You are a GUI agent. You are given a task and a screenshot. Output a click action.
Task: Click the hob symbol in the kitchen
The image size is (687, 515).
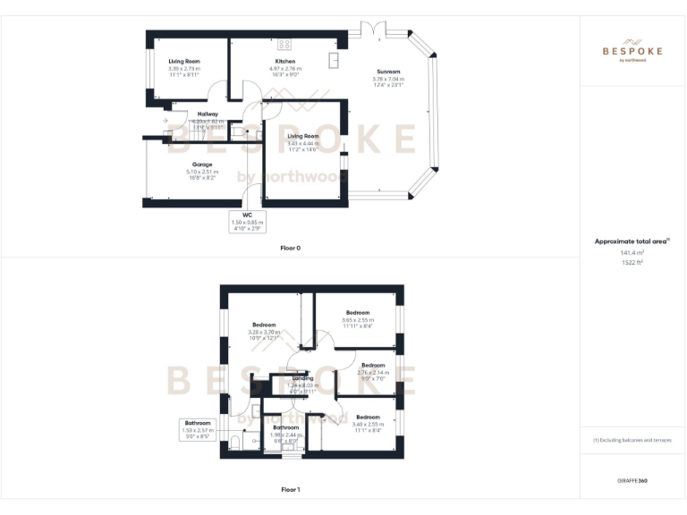coord(284,44)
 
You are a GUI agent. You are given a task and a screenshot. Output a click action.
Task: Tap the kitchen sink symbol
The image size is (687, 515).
coord(333,60)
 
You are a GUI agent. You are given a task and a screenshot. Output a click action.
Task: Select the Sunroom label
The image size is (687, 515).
coord(388,72)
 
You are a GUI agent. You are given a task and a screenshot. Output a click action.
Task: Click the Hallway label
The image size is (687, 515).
coord(208,114)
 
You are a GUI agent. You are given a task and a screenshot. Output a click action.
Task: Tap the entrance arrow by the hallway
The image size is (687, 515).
coord(165,122)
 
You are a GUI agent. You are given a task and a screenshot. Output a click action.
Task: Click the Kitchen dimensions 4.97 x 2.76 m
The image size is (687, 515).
coord(284,69)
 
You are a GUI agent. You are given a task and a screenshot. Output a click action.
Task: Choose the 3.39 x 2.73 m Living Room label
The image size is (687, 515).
coord(184,69)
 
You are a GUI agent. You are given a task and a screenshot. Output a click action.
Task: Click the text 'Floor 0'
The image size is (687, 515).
coord(290,248)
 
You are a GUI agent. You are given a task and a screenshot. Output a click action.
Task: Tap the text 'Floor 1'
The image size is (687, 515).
coord(290,489)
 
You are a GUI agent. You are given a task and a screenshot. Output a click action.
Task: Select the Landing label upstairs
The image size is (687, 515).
coord(303,378)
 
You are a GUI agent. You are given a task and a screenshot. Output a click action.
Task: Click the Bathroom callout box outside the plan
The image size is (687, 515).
coord(198,429)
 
